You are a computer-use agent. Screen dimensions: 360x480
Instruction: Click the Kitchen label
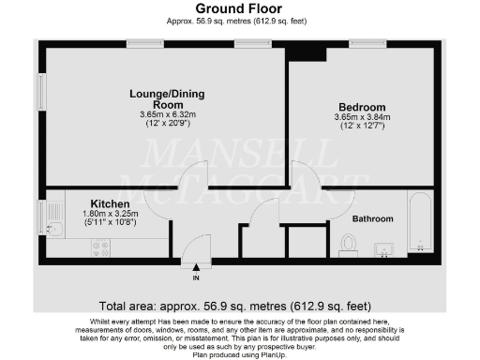click(110, 203)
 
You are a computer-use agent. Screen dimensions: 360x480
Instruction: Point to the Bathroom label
click(372, 218)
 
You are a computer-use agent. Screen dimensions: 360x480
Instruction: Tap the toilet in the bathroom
click(349, 244)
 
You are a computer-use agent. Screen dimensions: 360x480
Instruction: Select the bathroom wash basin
click(384, 248)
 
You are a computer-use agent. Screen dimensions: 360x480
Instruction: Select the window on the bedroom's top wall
click(367, 44)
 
